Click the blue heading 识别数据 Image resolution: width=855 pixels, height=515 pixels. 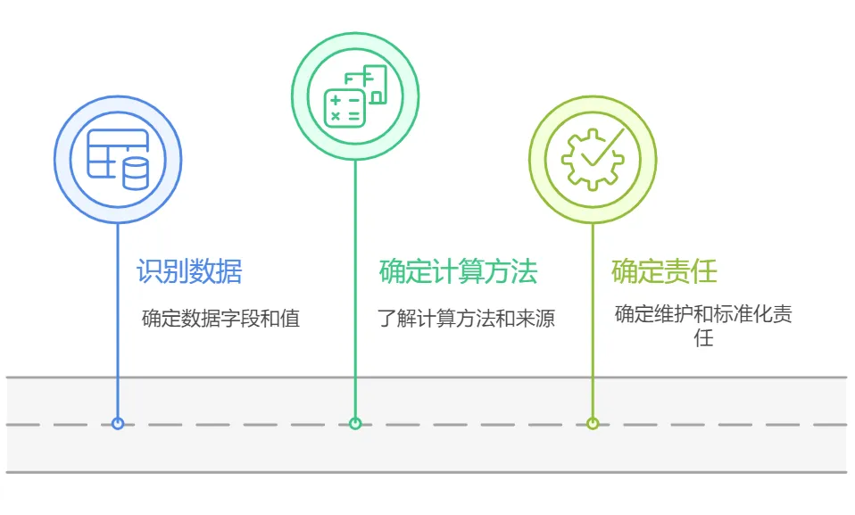point(189,271)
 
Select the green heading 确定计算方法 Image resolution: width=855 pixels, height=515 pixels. point(458,271)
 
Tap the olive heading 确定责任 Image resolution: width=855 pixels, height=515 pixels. point(664,271)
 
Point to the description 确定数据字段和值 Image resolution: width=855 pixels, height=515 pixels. point(220,319)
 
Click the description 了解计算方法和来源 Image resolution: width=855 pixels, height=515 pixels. point(466,319)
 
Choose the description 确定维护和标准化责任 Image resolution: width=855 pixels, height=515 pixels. point(703,315)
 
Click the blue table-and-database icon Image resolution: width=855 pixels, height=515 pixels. point(118,160)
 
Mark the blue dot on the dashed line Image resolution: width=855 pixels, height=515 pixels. point(118,424)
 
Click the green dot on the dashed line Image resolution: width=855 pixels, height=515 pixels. point(355,424)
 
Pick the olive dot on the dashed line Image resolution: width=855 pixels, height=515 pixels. point(593,424)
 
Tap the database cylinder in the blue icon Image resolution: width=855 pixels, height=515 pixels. point(136,173)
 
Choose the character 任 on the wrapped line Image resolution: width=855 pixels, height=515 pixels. point(703,339)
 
